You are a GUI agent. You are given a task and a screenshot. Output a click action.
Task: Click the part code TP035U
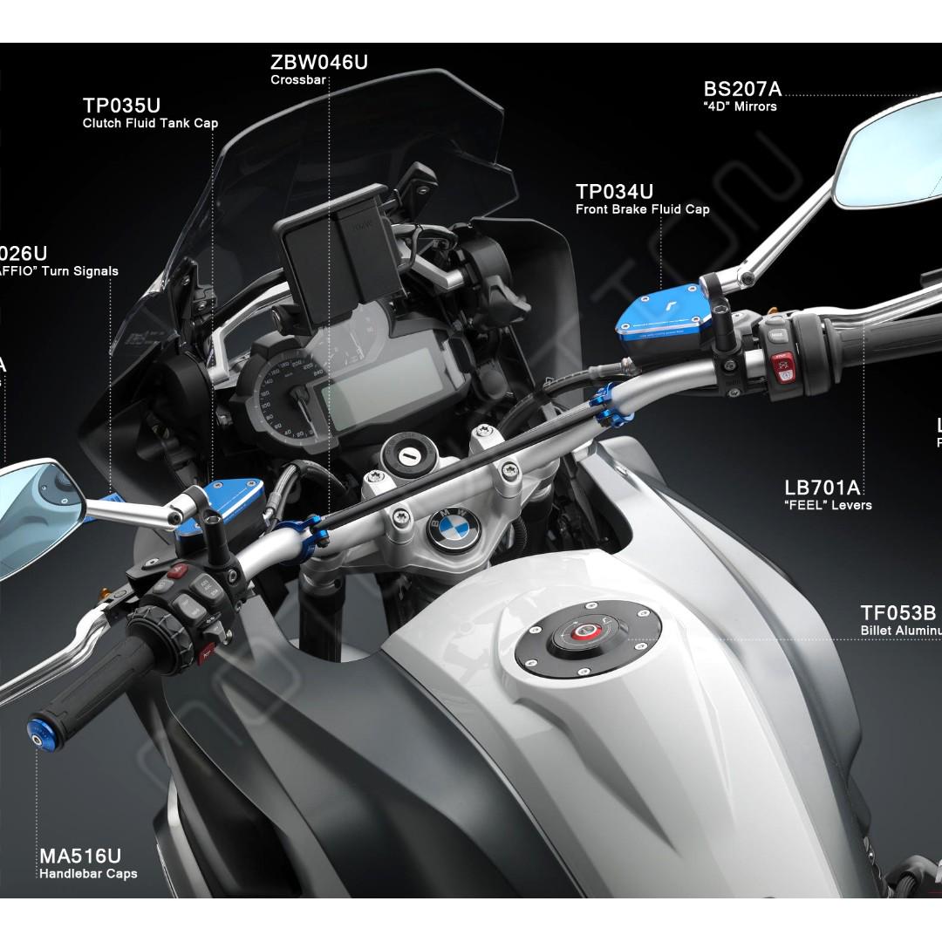tap(121, 106)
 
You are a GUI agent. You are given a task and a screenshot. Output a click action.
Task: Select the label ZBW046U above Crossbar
tap(319, 63)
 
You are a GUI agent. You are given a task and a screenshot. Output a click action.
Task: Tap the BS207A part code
tap(742, 89)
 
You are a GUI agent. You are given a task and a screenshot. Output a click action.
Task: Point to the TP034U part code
tap(614, 192)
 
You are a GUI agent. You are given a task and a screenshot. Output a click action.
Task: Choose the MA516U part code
tap(79, 856)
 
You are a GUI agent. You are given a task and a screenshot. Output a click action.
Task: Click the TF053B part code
tap(898, 613)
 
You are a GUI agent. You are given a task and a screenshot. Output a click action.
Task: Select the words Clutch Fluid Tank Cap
tap(150, 123)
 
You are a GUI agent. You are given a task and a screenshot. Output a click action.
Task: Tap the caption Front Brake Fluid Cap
tap(642, 209)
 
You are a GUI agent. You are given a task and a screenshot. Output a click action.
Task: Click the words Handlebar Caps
tap(88, 873)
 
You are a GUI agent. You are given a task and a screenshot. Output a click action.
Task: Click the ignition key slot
tap(406, 455)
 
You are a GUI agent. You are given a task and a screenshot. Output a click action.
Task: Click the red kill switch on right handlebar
tap(780, 358)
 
